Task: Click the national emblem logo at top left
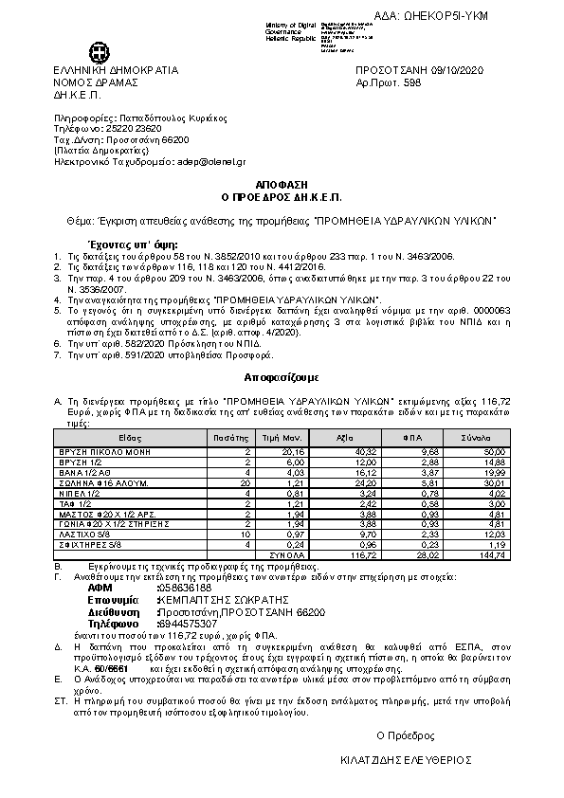tap(99, 51)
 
